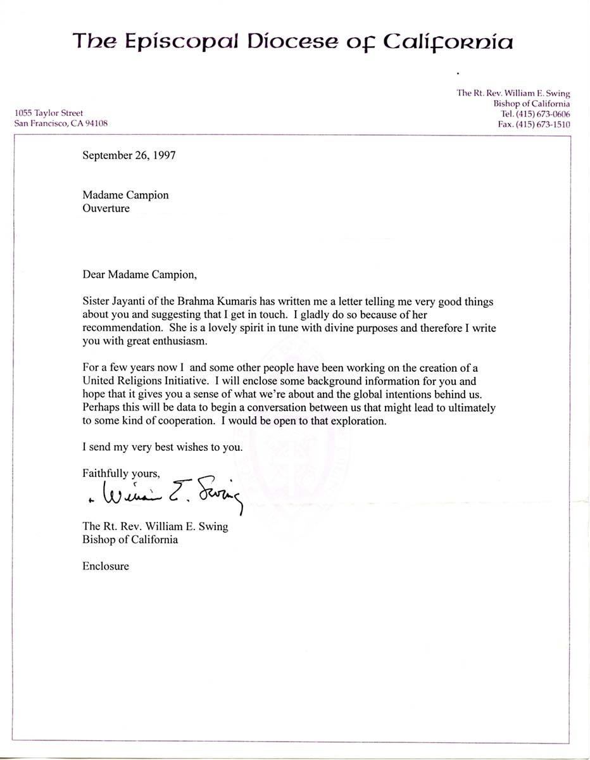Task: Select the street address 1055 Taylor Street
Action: [49, 113]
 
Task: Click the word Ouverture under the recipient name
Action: [106, 208]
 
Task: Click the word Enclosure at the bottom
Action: [105, 566]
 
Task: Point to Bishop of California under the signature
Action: [130, 540]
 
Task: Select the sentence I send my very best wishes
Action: [162, 446]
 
